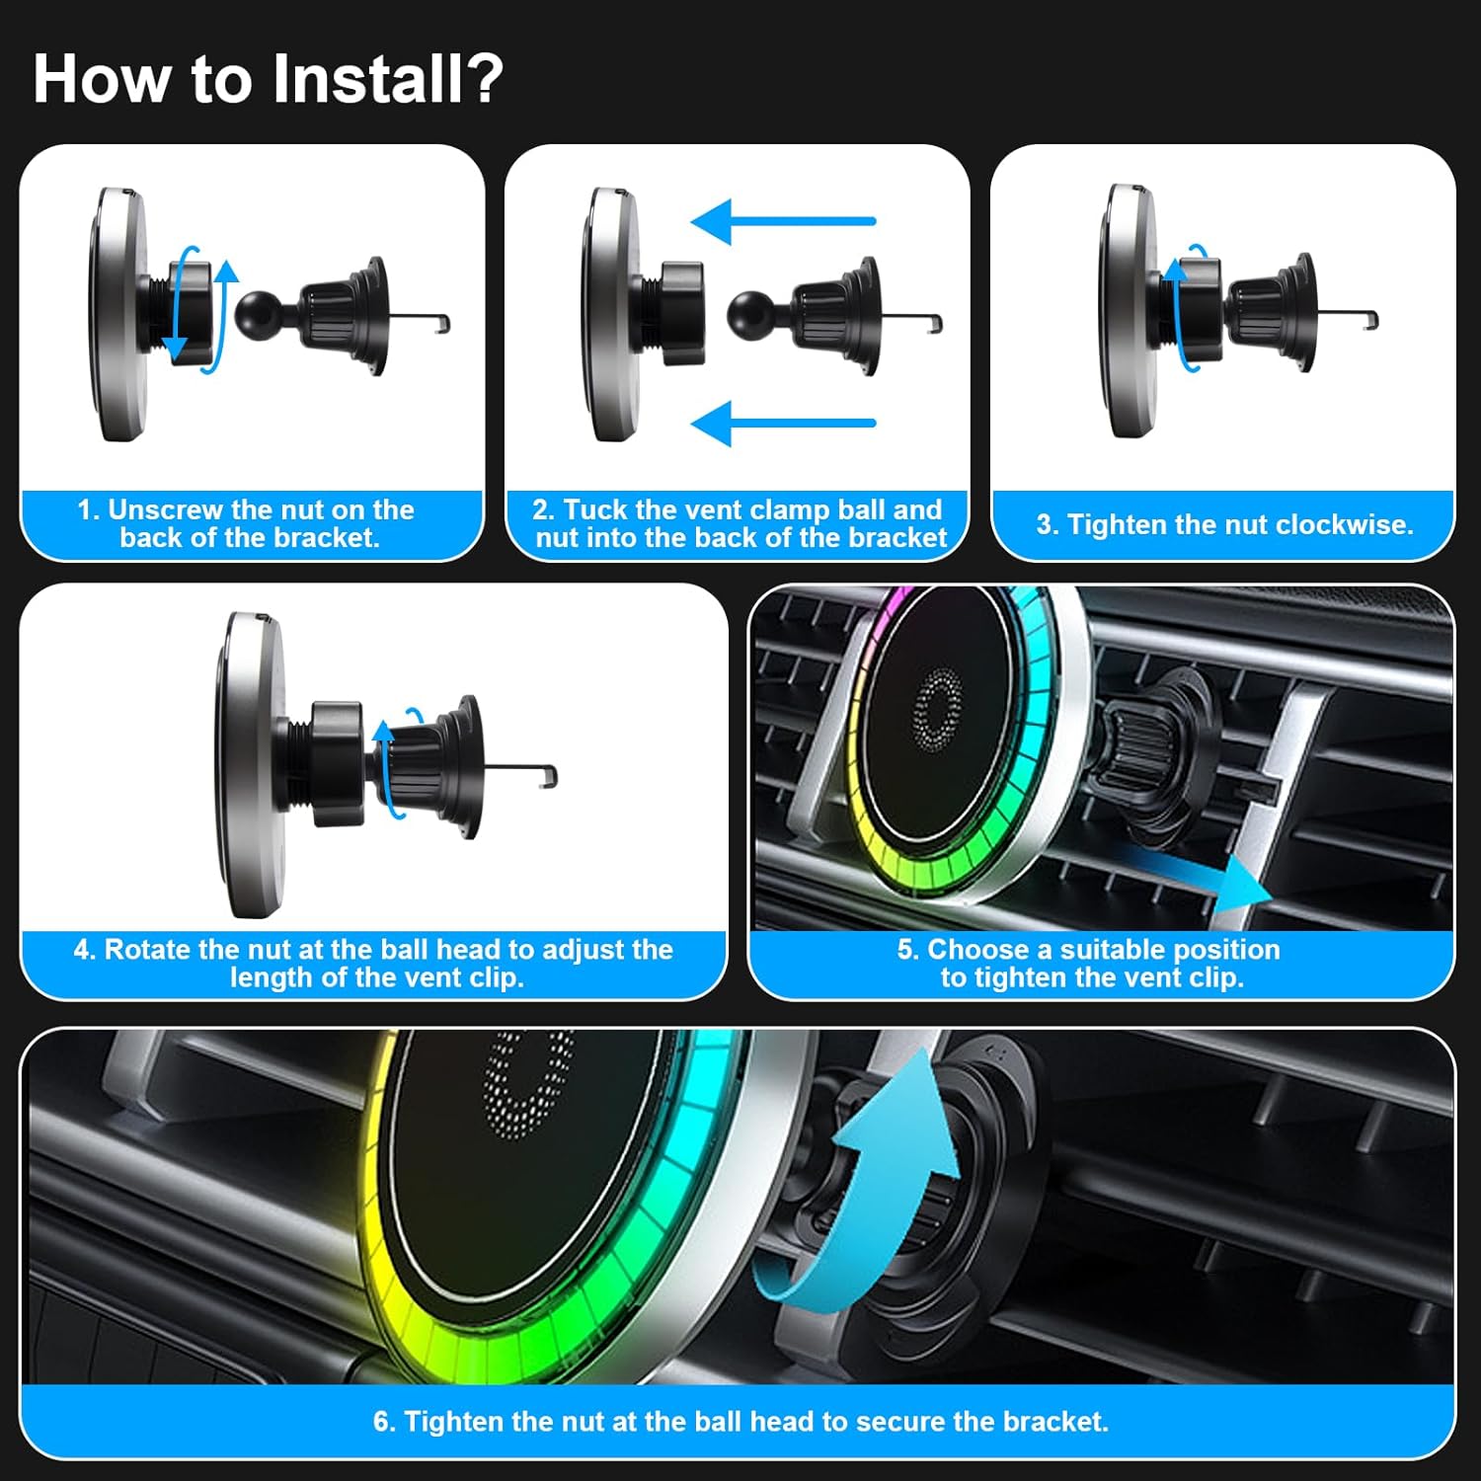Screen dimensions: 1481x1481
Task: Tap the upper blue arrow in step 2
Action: pyautogui.click(x=783, y=221)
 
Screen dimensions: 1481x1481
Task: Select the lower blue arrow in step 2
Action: pyautogui.click(x=783, y=424)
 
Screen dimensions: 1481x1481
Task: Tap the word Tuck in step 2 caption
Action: pyautogui.click(x=594, y=510)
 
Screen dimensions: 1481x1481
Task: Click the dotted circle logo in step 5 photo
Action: pyautogui.click(x=937, y=709)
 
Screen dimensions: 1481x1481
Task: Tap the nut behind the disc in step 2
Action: pyautogui.click(x=682, y=313)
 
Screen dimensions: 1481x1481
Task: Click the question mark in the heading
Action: pyautogui.click(x=483, y=78)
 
